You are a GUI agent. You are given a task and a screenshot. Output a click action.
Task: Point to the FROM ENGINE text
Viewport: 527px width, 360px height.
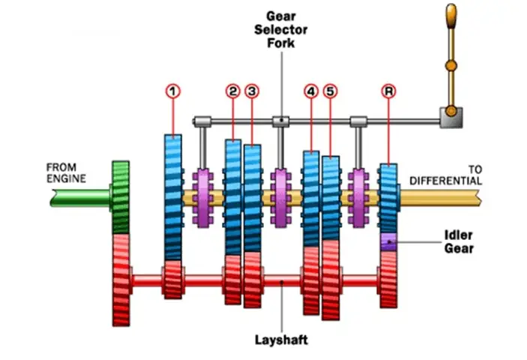click(x=67, y=172)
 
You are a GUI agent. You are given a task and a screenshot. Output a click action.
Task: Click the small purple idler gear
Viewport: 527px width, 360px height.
click(x=388, y=241)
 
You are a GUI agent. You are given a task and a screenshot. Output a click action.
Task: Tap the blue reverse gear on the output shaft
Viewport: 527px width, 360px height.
click(x=388, y=198)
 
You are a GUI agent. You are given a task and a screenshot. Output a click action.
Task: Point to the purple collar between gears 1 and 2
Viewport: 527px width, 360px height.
click(x=204, y=197)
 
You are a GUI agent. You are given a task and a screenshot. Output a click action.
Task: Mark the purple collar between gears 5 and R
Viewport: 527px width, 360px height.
click(x=360, y=197)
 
